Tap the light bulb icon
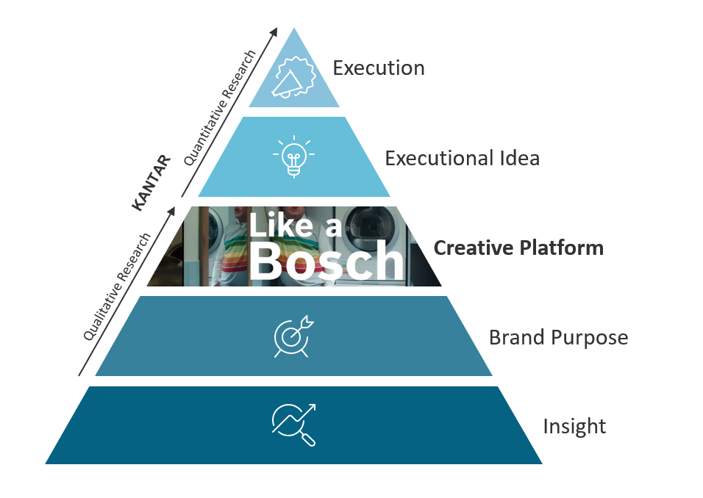click(x=293, y=156)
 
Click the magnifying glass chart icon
click(x=293, y=425)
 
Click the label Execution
click(x=378, y=68)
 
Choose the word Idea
click(x=518, y=158)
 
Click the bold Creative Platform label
click(x=518, y=248)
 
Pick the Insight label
click(x=574, y=426)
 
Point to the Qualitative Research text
click(x=118, y=286)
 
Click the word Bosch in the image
click(x=326, y=261)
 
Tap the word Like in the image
click(x=279, y=225)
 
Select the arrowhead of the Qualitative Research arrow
click(x=174, y=211)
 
